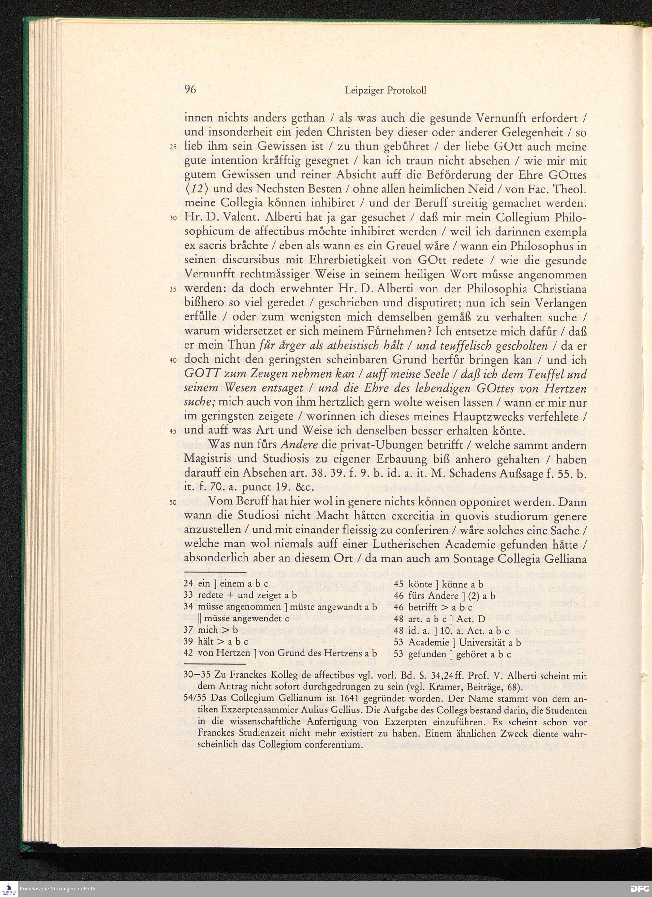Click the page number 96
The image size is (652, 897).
[x=190, y=90]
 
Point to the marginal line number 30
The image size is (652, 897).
[x=173, y=219]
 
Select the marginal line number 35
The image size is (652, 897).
[x=173, y=290]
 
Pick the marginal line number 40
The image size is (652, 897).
[x=173, y=361]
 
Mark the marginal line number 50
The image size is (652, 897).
[x=173, y=503]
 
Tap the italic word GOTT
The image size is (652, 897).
[x=200, y=374]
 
